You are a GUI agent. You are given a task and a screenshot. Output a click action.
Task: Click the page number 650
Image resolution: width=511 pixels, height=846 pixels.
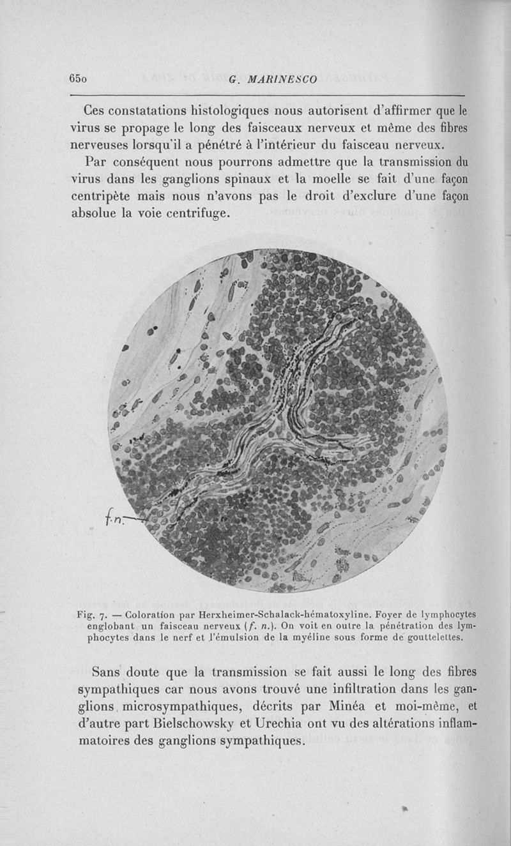point(80,79)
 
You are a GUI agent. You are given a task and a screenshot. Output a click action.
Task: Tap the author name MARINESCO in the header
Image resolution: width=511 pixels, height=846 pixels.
point(277,80)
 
